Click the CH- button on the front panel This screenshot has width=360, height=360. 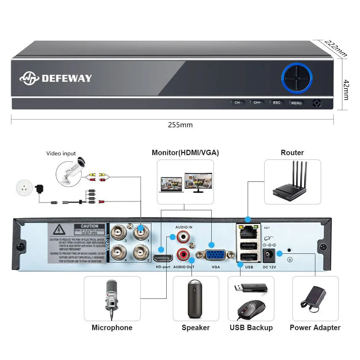238,103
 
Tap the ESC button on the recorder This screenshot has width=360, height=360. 276,103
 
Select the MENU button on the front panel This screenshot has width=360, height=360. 296,103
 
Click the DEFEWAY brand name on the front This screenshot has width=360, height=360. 67,78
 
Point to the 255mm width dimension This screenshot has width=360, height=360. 180,125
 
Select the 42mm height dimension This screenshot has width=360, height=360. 346,90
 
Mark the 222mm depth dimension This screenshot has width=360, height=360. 336,48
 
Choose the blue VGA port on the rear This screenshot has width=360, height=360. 215,255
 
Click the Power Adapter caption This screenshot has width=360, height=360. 315,328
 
